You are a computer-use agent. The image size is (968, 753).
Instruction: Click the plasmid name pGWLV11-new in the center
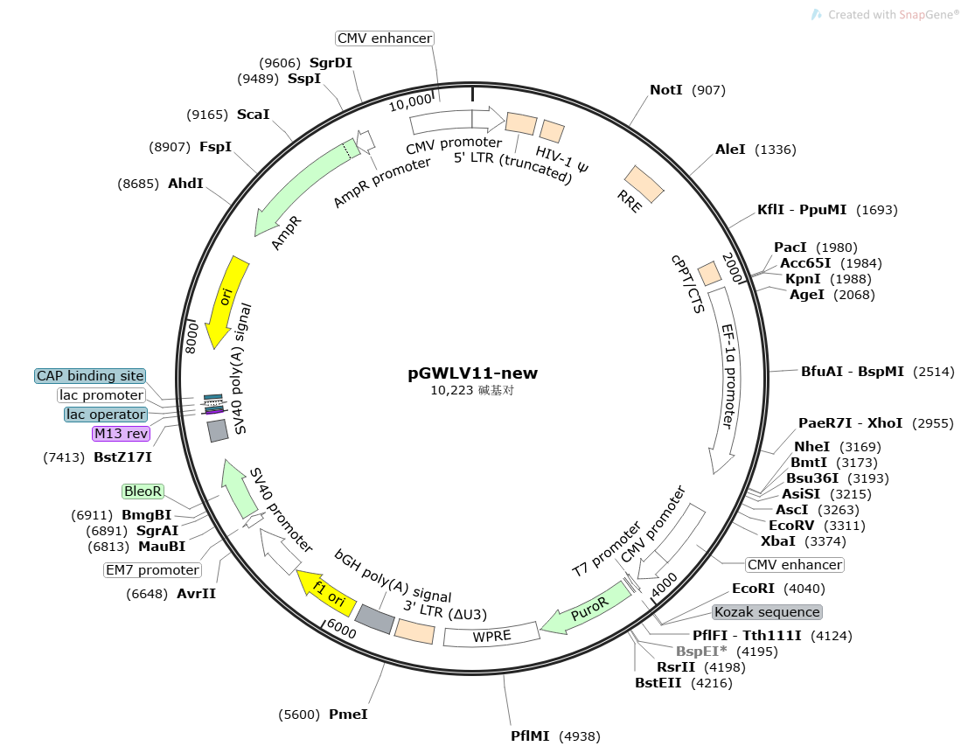(472, 373)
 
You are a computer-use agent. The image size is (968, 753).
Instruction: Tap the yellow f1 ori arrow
(327, 593)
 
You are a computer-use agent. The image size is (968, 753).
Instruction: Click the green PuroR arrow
(587, 610)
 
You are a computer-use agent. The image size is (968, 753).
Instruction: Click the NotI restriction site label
(665, 90)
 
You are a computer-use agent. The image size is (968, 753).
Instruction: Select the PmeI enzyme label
(348, 715)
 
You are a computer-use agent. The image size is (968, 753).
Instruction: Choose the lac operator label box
(106, 415)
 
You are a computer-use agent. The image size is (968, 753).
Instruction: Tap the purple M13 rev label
(121, 433)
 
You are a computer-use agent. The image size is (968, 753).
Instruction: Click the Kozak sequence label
(768, 611)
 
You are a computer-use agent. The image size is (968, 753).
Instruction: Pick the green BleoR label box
(143, 492)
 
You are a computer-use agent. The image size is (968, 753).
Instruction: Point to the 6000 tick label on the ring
(341, 628)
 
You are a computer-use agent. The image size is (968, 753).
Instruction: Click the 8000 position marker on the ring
(192, 337)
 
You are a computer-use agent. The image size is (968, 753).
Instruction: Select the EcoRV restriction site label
(791, 526)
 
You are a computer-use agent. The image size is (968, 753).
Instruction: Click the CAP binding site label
(90, 376)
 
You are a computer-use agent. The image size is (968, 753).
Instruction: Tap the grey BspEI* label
(701, 652)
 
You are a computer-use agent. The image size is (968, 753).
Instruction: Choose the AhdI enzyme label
(185, 184)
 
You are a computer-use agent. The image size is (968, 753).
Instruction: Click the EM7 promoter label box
(152, 569)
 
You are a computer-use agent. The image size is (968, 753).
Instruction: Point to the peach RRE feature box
(644, 184)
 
